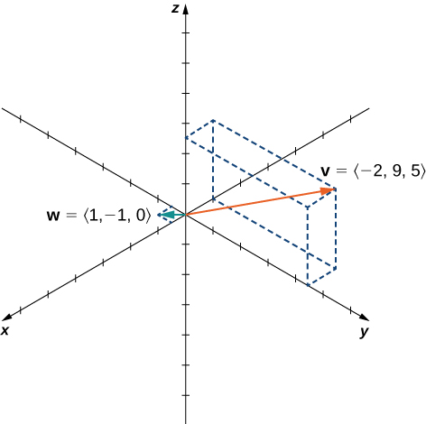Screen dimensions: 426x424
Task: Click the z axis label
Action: (x=175, y=9)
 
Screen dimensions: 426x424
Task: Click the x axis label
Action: (x=5, y=330)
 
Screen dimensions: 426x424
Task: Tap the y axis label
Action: (x=364, y=332)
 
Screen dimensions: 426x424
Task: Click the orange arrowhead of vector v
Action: (x=328, y=190)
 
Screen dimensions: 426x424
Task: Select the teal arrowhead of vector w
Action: (x=165, y=215)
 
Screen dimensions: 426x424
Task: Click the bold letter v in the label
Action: (x=325, y=171)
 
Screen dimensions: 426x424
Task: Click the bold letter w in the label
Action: (x=53, y=216)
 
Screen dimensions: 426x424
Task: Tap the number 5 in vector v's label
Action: (x=414, y=171)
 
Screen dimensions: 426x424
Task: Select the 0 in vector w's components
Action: (x=141, y=216)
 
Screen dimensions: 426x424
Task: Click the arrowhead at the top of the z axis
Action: (x=186, y=10)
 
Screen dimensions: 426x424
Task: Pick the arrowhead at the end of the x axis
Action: (x=7, y=317)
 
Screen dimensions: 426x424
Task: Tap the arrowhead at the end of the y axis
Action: (x=364, y=318)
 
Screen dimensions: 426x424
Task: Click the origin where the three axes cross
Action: (x=186, y=215)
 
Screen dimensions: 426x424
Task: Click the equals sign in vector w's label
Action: (x=71, y=216)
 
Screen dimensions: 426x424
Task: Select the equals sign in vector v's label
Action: (x=341, y=171)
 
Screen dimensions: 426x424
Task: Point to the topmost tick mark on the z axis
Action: (x=186, y=32)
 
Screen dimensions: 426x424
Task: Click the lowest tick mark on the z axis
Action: (x=186, y=395)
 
